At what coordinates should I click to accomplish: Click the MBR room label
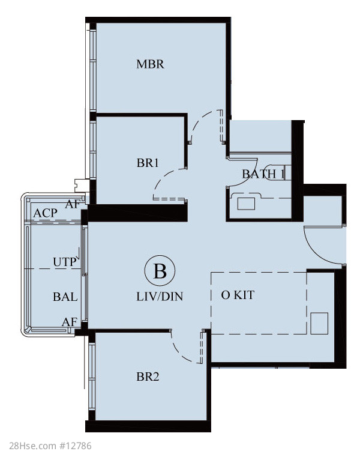click(150, 64)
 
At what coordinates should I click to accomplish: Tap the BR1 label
click(148, 163)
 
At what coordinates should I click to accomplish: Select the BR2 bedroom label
click(148, 377)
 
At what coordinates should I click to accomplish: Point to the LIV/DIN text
click(160, 296)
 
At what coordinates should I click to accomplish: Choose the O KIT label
click(238, 295)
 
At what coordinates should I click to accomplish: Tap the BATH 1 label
click(263, 174)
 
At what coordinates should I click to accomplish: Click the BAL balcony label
click(65, 297)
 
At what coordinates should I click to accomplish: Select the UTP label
click(64, 262)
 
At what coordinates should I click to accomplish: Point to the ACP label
click(45, 213)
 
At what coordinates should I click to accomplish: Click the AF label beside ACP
click(73, 204)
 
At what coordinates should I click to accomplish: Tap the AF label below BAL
click(69, 322)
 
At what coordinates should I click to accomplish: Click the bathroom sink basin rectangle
click(246, 204)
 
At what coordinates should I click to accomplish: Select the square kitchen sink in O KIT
click(319, 323)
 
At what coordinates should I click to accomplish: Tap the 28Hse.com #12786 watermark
click(50, 446)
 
